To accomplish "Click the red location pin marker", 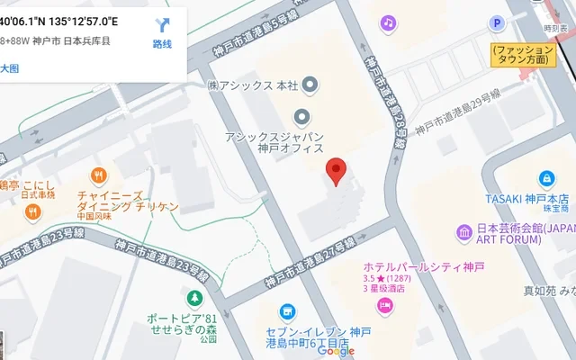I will pyautogui.click(x=336, y=170).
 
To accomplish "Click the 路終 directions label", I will pyautogui.click(x=162, y=44).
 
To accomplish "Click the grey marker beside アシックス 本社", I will pyautogui.click(x=310, y=85).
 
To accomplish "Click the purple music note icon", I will pyautogui.click(x=388, y=22).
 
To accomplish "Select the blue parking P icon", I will pyautogui.click(x=496, y=23).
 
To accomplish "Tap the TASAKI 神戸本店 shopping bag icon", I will pyautogui.click(x=546, y=179).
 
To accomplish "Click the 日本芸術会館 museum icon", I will pyautogui.click(x=464, y=233).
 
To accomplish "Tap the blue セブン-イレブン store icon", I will pyautogui.click(x=287, y=313).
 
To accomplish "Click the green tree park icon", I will pyautogui.click(x=193, y=298).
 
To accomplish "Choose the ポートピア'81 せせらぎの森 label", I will pyautogui.click(x=183, y=324).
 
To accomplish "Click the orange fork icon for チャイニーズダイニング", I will pyautogui.click(x=99, y=176).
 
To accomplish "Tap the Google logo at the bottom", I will pyautogui.click(x=336, y=351).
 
